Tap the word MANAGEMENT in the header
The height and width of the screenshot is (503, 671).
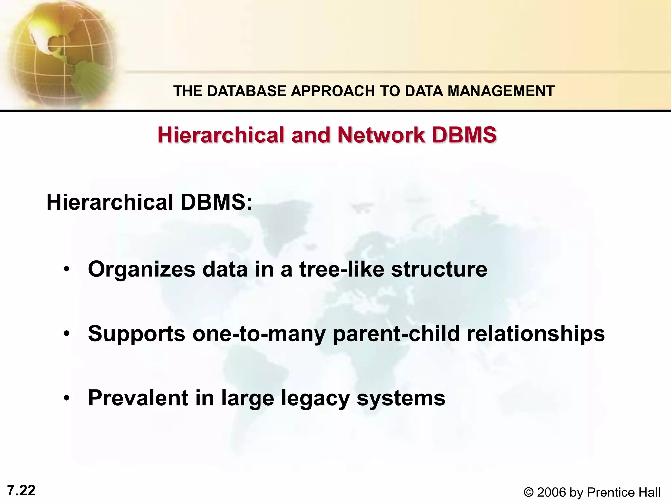click(x=501, y=91)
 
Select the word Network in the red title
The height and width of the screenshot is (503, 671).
click(x=381, y=135)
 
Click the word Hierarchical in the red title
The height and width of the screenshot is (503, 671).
click(x=221, y=135)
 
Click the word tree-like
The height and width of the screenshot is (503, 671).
click(x=341, y=269)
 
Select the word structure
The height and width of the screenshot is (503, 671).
click(x=439, y=269)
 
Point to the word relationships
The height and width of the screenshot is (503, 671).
click(x=536, y=333)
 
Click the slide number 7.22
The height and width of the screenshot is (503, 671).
click(x=21, y=491)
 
